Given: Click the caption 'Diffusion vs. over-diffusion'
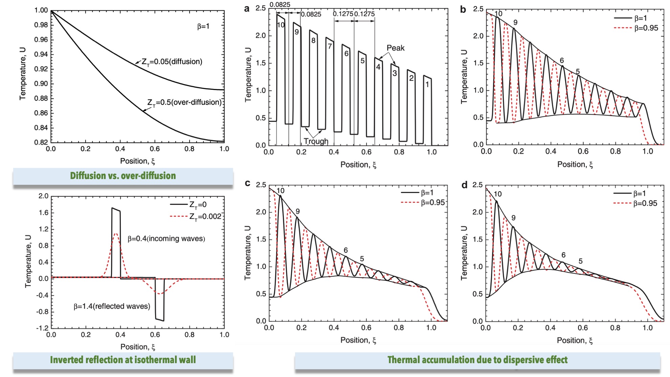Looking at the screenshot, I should [123, 176].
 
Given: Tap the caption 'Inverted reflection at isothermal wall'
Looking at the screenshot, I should [123, 360].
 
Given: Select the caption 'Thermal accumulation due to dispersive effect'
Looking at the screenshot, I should [477, 360].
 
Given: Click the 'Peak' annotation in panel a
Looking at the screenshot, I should [395, 48].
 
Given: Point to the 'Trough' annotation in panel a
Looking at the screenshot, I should [316, 141].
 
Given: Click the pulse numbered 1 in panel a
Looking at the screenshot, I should [427, 84].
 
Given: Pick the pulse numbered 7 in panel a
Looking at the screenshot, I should [330, 46].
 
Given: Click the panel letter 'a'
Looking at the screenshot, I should [247, 9].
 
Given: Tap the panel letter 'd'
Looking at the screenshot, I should [464, 185].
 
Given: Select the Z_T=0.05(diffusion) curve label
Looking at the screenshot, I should [172, 62].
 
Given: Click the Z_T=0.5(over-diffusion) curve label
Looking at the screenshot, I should [184, 102].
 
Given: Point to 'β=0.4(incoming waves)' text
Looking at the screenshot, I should [166, 239].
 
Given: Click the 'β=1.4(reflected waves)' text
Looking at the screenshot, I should [112, 306].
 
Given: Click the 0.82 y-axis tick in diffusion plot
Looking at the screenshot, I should [41, 142].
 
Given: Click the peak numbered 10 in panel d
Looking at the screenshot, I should [497, 194].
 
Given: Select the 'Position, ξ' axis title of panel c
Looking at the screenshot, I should [358, 340].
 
